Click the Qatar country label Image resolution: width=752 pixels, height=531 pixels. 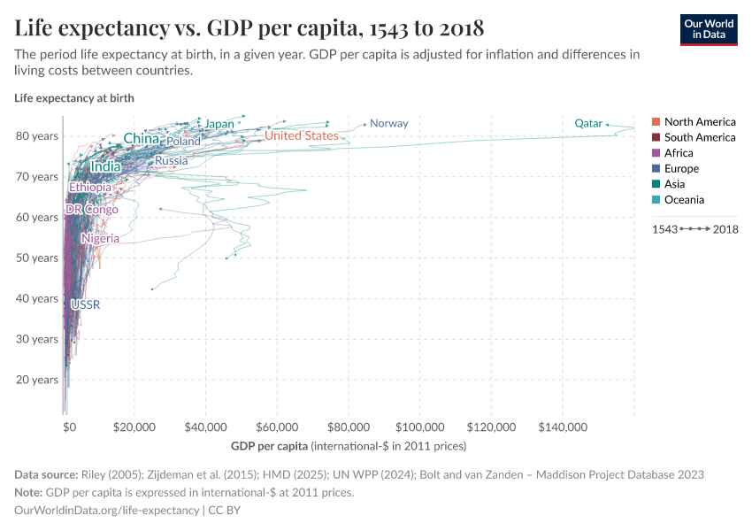[x=588, y=123]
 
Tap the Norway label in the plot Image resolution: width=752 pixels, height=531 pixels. [x=388, y=123]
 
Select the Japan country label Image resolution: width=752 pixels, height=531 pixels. [x=219, y=124]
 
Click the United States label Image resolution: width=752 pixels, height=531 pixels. [x=301, y=135]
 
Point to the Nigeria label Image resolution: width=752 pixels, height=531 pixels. [x=100, y=239]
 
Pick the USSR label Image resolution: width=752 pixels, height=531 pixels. [x=85, y=305]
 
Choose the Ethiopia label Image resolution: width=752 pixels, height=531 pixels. [x=90, y=188]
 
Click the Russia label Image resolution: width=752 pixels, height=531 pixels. [x=171, y=161]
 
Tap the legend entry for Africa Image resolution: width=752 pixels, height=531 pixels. [x=679, y=153]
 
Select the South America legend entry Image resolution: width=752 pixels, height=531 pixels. [x=699, y=137]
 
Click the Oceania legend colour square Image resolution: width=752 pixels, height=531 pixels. [x=656, y=200]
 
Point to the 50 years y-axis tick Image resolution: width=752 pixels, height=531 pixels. [x=38, y=258]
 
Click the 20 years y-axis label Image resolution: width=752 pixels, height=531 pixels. [x=38, y=380]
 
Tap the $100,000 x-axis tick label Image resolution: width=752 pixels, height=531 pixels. [x=419, y=427]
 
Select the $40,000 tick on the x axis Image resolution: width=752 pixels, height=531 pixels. [x=206, y=427]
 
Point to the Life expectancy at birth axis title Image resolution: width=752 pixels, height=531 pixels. [x=74, y=98]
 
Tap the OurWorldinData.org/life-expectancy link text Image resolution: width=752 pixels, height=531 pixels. [x=108, y=511]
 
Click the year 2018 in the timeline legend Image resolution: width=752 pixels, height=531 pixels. [x=725, y=229]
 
